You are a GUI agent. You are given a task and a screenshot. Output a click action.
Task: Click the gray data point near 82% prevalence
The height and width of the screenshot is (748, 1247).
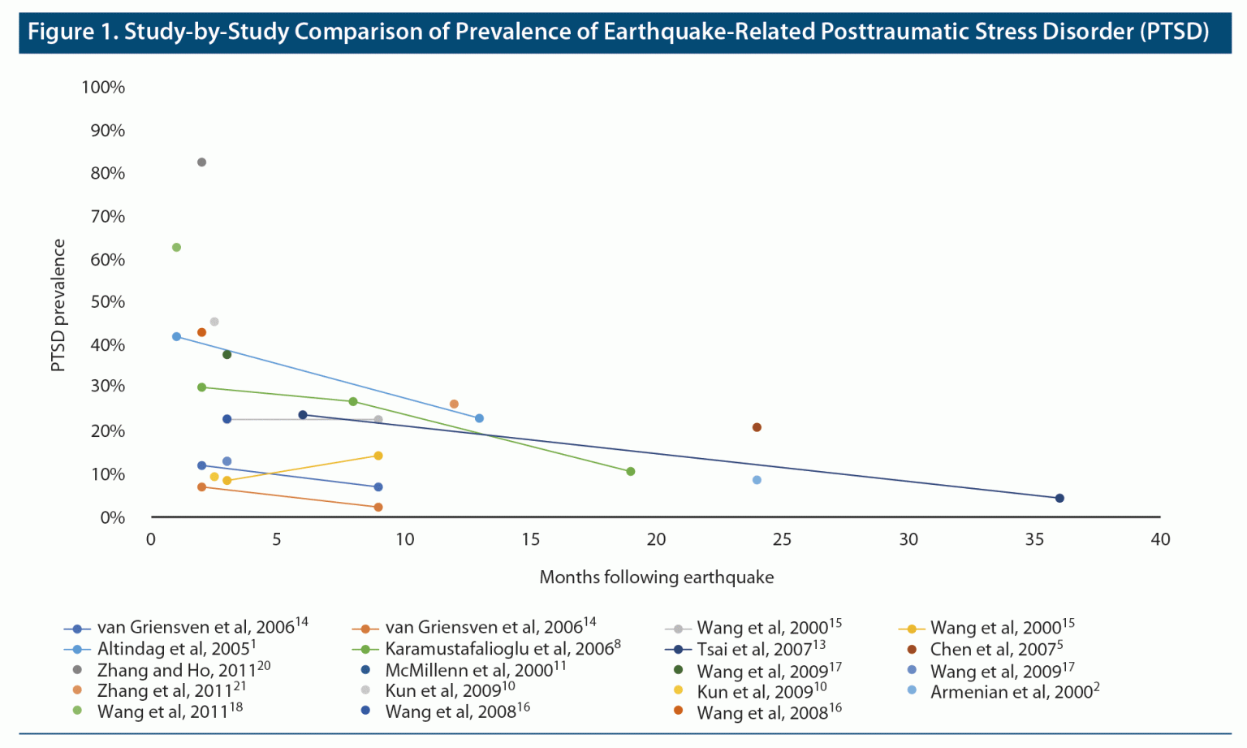click(201, 162)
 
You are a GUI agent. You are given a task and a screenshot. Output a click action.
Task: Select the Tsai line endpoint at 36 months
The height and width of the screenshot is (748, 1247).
click(1059, 498)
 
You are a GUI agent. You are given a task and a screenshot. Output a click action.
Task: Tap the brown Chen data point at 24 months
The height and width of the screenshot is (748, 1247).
click(757, 427)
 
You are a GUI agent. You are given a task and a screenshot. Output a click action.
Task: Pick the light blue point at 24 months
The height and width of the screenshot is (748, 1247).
click(757, 480)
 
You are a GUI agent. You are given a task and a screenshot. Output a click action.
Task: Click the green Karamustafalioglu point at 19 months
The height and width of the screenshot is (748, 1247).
click(631, 471)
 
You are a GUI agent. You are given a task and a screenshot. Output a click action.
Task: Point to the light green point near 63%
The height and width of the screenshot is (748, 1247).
click(176, 248)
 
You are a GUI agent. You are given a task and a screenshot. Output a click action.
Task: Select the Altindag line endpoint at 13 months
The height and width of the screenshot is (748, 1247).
click(479, 418)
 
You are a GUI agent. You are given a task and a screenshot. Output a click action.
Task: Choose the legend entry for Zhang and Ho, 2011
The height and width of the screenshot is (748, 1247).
click(183, 670)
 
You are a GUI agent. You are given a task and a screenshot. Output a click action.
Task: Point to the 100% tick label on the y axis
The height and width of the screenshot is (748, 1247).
click(103, 88)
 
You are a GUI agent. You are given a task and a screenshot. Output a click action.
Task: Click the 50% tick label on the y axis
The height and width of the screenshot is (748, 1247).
click(107, 302)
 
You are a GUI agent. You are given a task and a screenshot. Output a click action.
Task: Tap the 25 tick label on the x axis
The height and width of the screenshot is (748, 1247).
click(782, 539)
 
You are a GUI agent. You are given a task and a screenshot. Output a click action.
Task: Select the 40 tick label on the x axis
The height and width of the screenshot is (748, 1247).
click(1160, 539)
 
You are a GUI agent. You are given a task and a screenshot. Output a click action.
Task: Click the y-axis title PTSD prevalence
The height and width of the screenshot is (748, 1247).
click(58, 305)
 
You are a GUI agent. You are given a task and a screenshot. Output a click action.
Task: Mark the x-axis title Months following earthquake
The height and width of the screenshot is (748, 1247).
click(656, 577)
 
